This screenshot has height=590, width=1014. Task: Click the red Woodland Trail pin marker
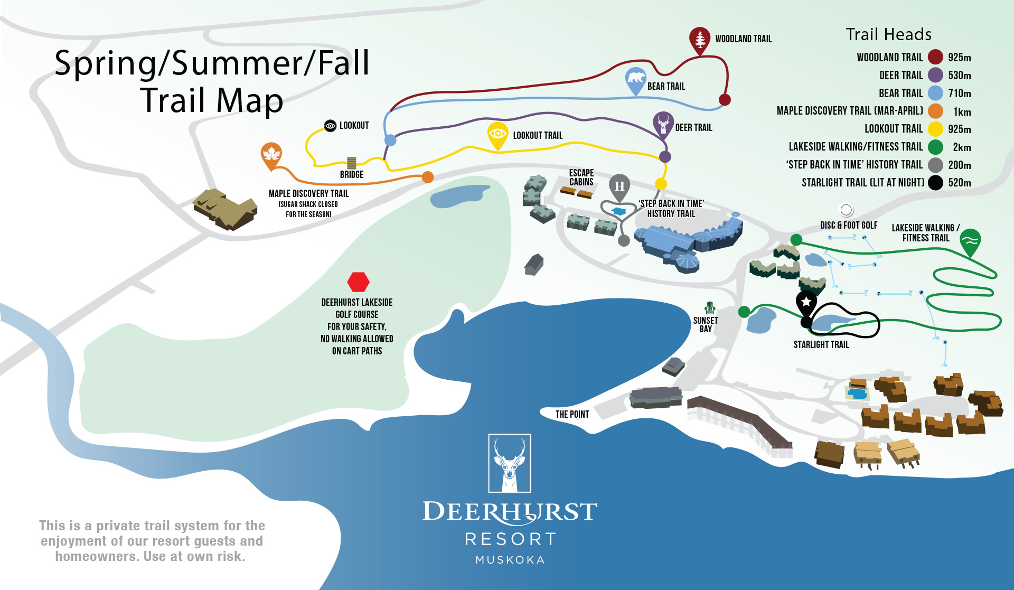(x=700, y=40)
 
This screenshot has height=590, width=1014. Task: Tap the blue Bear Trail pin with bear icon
(x=636, y=80)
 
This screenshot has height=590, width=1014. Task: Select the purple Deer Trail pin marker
(x=663, y=124)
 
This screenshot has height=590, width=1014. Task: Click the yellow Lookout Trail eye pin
(x=497, y=135)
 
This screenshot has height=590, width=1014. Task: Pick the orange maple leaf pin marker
(x=271, y=155)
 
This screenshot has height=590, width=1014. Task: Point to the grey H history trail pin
(x=619, y=188)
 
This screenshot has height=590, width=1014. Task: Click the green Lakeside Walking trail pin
(x=970, y=242)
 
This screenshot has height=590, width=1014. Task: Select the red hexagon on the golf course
(x=358, y=282)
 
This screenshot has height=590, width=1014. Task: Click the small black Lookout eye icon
(x=330, y=126)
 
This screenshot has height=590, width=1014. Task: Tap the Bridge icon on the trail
(x=351, y=163)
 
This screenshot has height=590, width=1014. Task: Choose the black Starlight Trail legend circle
(x=936, y=183)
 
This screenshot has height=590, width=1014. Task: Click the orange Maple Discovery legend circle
(x=936, y=111)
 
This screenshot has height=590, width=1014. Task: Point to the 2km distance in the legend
(x=962, y=147)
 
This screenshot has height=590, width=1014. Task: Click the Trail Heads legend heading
(x=889, y=34)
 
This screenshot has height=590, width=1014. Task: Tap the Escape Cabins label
(x=581, y=177)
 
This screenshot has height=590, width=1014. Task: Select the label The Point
(x=572, y=415)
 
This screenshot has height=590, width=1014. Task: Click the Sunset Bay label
(x=706, y=324)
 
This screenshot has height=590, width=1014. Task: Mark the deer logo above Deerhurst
(x=510, y=463)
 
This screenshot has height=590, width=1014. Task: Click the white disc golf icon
(x=846, y=210)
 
